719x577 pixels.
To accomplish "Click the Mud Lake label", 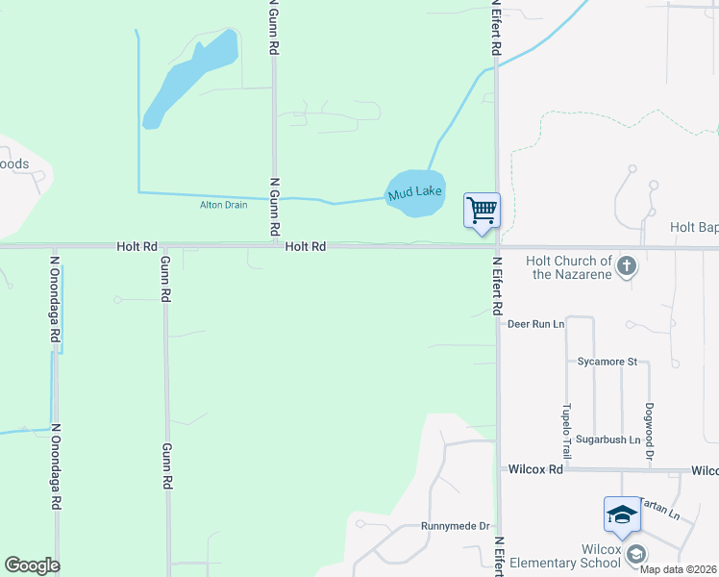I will point(415,192).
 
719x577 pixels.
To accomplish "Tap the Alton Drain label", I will point(223,205).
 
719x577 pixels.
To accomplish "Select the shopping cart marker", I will point(482,210).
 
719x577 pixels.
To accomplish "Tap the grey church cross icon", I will point(627,264).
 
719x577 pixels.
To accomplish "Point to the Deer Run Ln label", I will point(535,324).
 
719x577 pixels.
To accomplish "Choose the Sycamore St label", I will point(607,362).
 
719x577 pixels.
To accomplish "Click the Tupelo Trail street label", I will point(566,429).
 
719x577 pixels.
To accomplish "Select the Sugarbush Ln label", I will point(607,439).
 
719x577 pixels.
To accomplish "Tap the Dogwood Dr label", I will point(650,429).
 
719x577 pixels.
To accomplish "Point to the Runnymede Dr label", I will point(456,526).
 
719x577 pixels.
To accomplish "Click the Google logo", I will point(32,565).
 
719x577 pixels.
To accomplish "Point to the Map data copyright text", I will point(679,568).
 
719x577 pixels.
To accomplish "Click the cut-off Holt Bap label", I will point(694,228).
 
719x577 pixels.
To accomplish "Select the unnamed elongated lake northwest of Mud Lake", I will point(189,79).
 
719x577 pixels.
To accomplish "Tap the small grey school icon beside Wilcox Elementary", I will point(634,554).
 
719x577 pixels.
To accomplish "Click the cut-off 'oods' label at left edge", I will point(14,164).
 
